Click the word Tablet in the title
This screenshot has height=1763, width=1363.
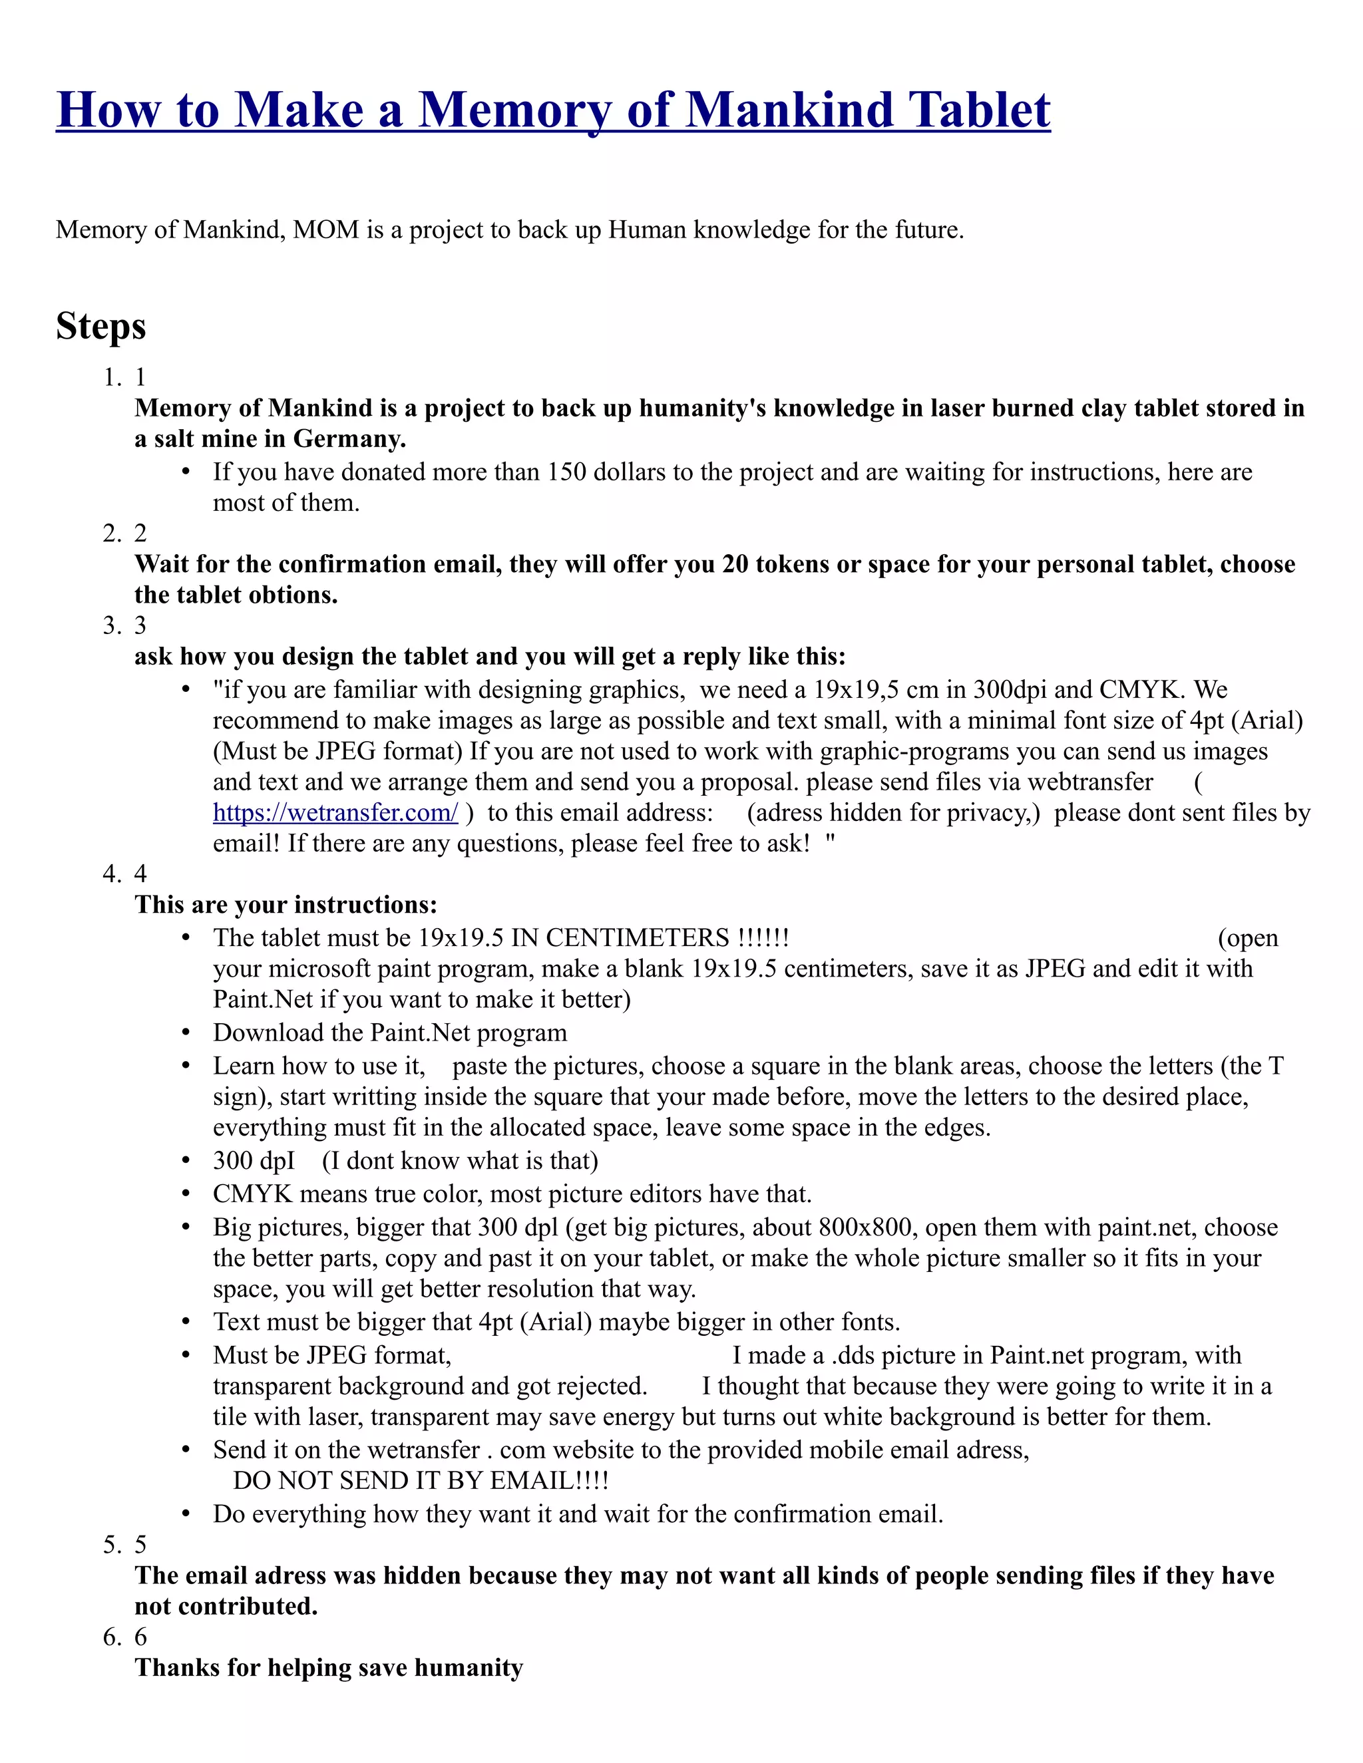(x=978, y=110)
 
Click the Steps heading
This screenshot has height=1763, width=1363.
(x=101, y=326)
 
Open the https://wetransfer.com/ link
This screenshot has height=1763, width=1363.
(x=335, y=813)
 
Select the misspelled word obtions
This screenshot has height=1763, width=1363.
(x=294, y=595)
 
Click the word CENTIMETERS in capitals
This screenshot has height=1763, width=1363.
(x=638, y=938)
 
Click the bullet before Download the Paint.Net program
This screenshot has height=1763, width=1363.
(x=186, y=1033)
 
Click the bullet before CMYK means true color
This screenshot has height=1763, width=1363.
(x=186, y=1194)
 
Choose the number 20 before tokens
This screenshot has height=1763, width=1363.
(x=735, y=564)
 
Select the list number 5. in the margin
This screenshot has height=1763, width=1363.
(x=112, y=1545)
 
